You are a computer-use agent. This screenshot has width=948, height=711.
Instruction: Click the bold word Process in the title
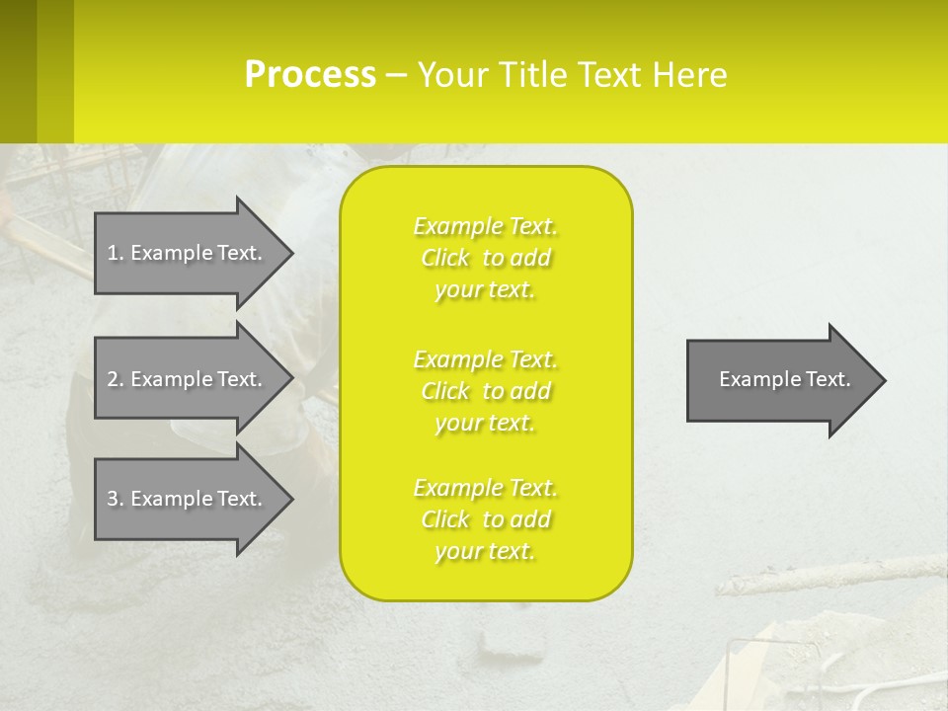(x=310, y=75)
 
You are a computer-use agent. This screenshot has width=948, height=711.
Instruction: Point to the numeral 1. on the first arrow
(x=115, y=253)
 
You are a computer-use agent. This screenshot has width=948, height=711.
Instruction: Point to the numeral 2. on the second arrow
(x=115, y=379)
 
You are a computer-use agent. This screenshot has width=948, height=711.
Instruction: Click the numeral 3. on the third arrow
(x=115, y=499)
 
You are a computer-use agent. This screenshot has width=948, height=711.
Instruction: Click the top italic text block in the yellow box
(x=486, y=258)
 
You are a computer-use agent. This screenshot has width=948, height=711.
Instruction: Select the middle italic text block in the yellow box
(x=486, y=391)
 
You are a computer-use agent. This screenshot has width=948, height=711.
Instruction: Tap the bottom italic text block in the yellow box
(x=486, y=519)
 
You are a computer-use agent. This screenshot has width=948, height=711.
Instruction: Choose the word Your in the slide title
(x=451, y=75)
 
